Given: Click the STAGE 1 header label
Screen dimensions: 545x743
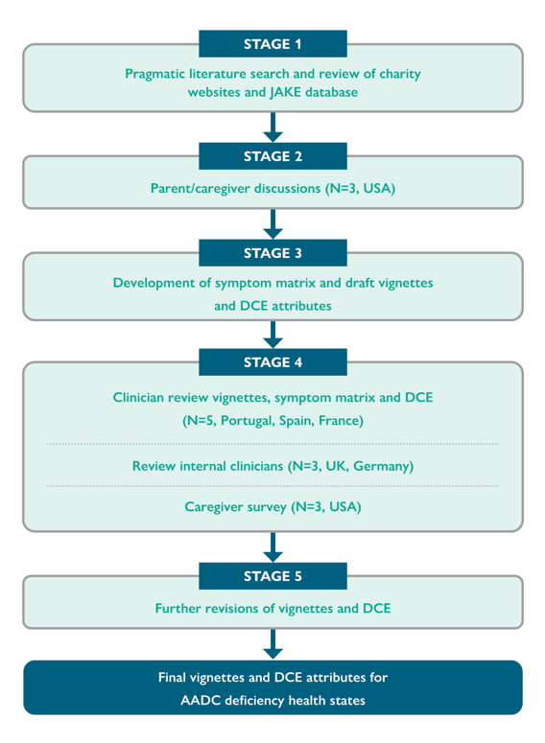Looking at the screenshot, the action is pyautogui.click(x=272, y=44).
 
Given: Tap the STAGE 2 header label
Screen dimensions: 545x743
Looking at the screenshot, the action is pyautogui.click(x=272, y=156).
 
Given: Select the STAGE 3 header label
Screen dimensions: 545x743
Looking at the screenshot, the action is pyautogui.click(x=272, y=253).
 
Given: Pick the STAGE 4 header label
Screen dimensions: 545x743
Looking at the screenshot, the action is pyautogui.click(x=272, y=362).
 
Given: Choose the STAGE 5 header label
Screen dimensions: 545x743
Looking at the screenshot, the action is pyautogui.click(x=272, y=576).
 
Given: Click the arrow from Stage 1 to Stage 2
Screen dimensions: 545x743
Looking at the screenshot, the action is pyautogui.click(x=272, y=127).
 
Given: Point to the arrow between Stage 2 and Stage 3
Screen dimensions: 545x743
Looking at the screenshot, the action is pyautogui.click(x=272, y=224).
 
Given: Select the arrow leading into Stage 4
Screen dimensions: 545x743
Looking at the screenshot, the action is pyautogui.click(x=272, y=335).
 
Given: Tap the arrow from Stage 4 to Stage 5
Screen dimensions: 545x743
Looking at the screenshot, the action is pyautogui.click(x=272, y=547).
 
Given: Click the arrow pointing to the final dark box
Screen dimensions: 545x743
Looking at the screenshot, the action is pyautogui.click(x=272, y=644).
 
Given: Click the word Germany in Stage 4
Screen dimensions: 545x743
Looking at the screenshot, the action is pyautogui.click(x=381, y=466).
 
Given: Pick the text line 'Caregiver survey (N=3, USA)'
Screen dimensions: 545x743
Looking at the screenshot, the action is pyautogui.click(x=272, y=507).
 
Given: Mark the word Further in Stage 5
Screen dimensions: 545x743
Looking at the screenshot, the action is pyautogui.click(x=178, y=609).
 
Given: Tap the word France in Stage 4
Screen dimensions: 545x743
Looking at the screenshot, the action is pyautogui.click(x=341, y=421).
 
